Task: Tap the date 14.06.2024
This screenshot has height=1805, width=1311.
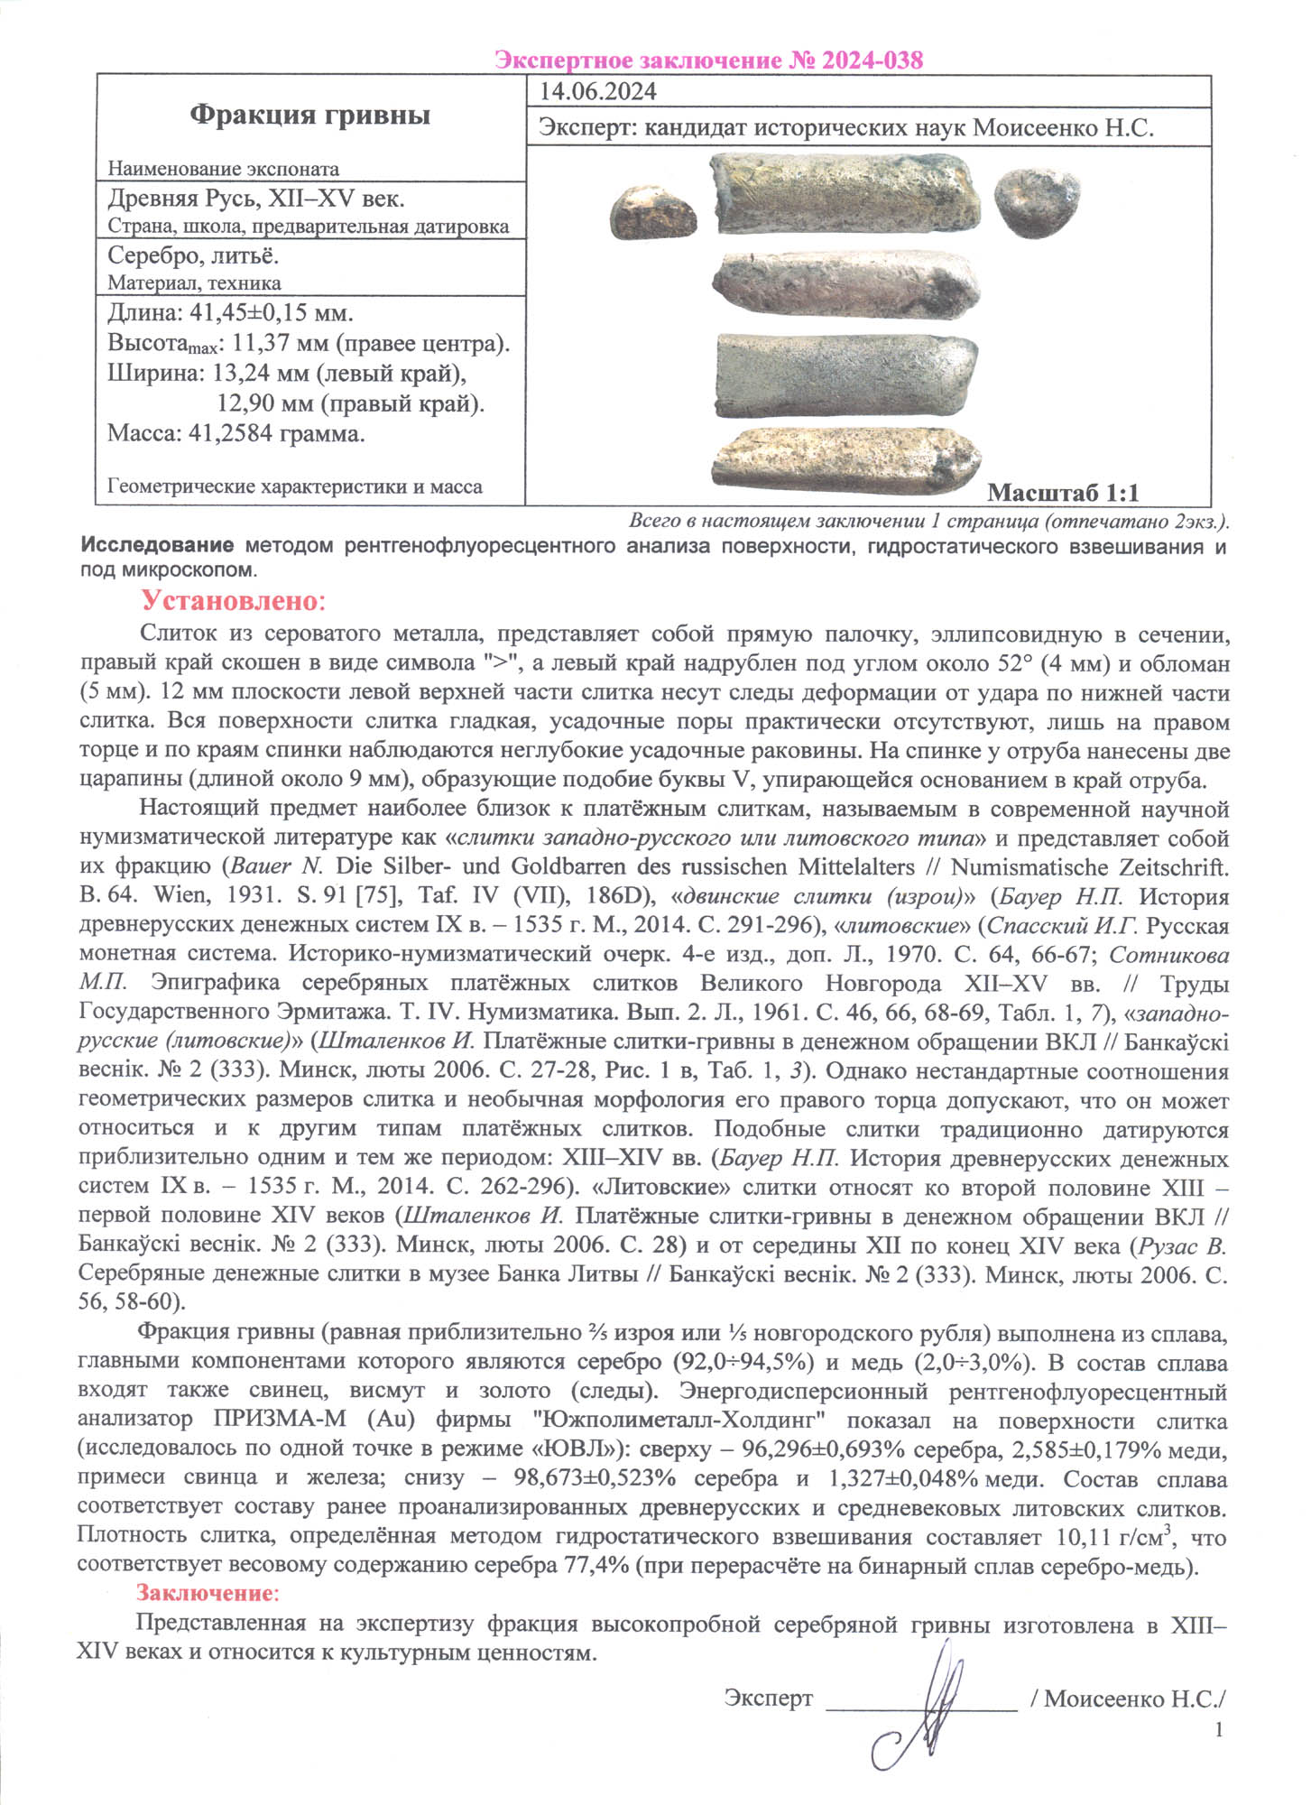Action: click(597, 92)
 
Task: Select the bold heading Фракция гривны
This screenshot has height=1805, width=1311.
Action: click(309, 115)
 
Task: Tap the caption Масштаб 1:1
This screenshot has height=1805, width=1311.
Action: click(1063, 493)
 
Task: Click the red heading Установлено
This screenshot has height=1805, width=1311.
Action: click(232, 601)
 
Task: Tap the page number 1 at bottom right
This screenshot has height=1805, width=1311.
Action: click(1220, 1729)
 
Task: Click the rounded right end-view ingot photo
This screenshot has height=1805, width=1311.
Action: click(1038, 206)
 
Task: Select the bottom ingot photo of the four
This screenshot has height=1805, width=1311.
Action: click(847, 461)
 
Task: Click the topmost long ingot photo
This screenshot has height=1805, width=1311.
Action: click(845, 195)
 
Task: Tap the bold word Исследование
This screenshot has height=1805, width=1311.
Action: click(158, 546)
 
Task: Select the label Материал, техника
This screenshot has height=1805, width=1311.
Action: click(194, 283)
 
